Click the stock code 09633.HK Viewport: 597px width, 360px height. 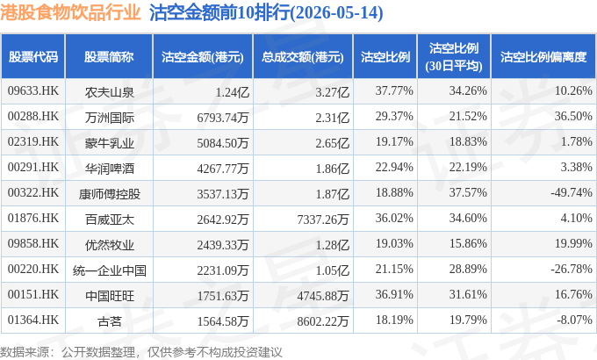pyautogui.click(x=33, y=90)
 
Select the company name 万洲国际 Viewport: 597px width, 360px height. pyautogui.click(x=109, y=118)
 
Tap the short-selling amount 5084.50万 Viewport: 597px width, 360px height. pyautogui.click(x=223, y=143)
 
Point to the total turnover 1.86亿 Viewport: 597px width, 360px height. pyautogui.click(x=332, y=169)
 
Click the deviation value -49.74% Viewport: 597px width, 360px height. pyautogui.click(x=572, y=192)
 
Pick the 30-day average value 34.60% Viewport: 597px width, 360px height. pyautogui.click(x=468, y=218)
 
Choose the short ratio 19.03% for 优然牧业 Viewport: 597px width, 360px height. pyautogui.click(x=394, y=243)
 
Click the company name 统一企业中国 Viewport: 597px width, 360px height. pyautogui.click(x=109, y=270)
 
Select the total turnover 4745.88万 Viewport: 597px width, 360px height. pyautogui.click(x=323, y=296)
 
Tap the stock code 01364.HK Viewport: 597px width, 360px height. pyautogui.click(x=33, y=320)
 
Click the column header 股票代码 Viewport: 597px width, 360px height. pyautogui.click(x=33, y=57)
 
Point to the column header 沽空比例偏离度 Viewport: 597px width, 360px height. pyautogui.click(x=543, y=57)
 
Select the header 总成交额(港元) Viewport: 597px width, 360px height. pyautogui.click(x=303, y=57)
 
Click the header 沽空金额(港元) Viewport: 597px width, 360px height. pyautogui.click(x=203, y=57)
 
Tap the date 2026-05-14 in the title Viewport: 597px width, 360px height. pyautogui.click(x=336, y=12)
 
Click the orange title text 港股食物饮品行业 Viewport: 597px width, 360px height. pyautogui.click(x=71, y=12)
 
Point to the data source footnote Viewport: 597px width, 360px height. pyautogui.click(x=141, y=352)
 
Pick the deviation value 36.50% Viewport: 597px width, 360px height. pyautogui.click(x=573, y=116)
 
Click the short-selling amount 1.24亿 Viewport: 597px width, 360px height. pyautogui.click(x=233, y=92)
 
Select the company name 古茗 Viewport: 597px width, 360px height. pyautogui.click(x=109, y=321)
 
